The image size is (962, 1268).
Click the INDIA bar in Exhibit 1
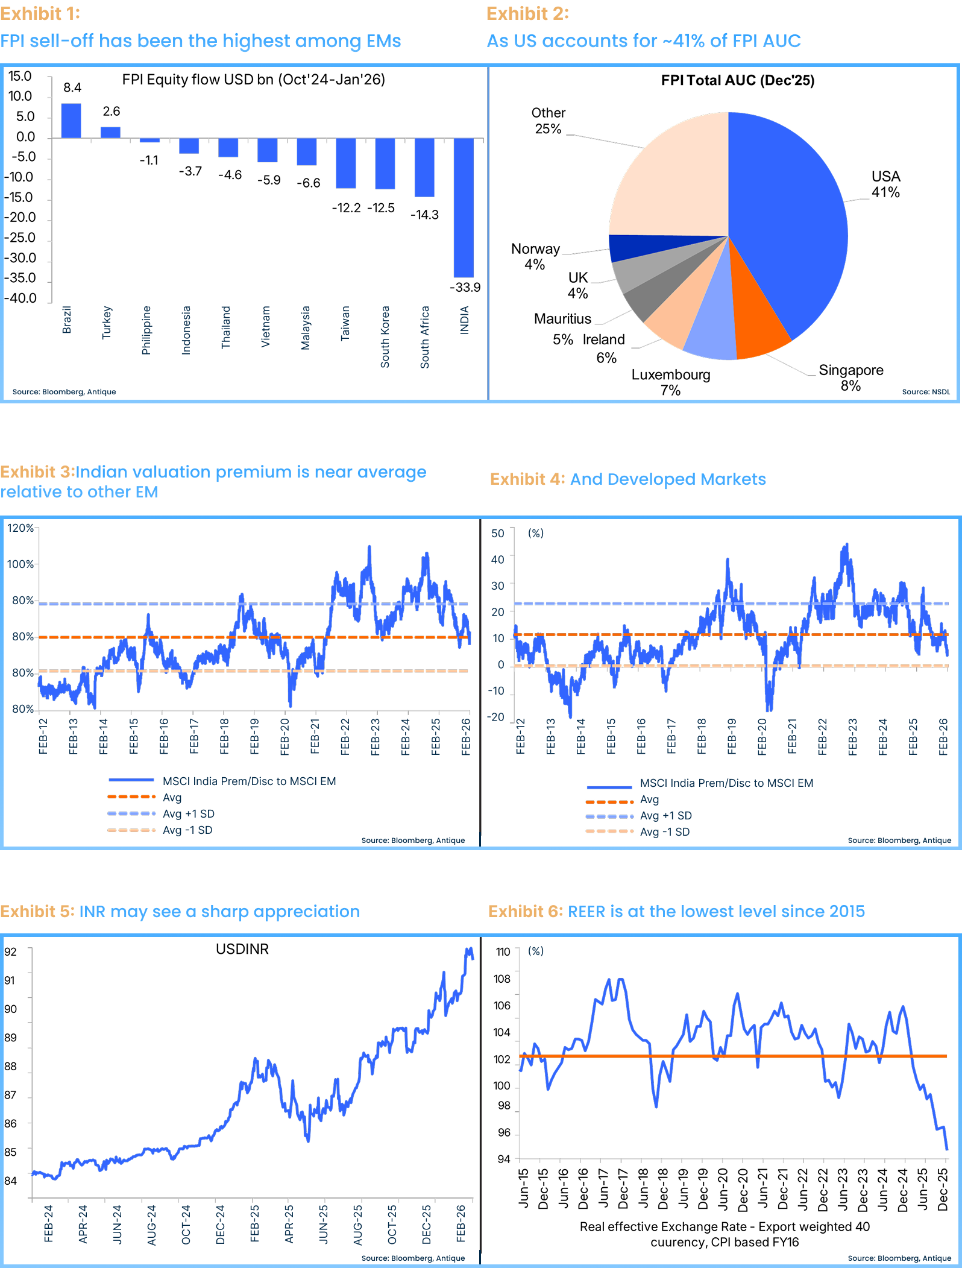click(x=464, y=207)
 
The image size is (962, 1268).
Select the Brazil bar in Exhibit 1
click(x=71, y=121)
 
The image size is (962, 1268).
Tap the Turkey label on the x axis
click(x=107, y=323)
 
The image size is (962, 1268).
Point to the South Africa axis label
click(x=425, y=337)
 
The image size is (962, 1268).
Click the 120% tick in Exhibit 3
click(x=20, y=528)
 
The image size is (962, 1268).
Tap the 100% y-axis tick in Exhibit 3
click(x=20, y=564)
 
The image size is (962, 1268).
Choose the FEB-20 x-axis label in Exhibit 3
click(x=285, y=736)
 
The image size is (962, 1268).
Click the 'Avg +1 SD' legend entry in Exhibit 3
click(x=189, y=814)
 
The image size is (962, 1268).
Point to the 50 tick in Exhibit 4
click(x=498, y=533)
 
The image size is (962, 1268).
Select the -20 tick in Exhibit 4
click(x=497, y=717)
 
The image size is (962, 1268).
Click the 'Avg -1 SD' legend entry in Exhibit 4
click(x=665, y=831)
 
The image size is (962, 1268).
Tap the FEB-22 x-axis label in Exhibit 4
click(x=823, y=736)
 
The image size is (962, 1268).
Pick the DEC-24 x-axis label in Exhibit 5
click(x=221, y=1224)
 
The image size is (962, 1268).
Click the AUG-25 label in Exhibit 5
click(x=358, y=1225)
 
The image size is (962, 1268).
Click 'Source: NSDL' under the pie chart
click(x=926, y=392)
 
